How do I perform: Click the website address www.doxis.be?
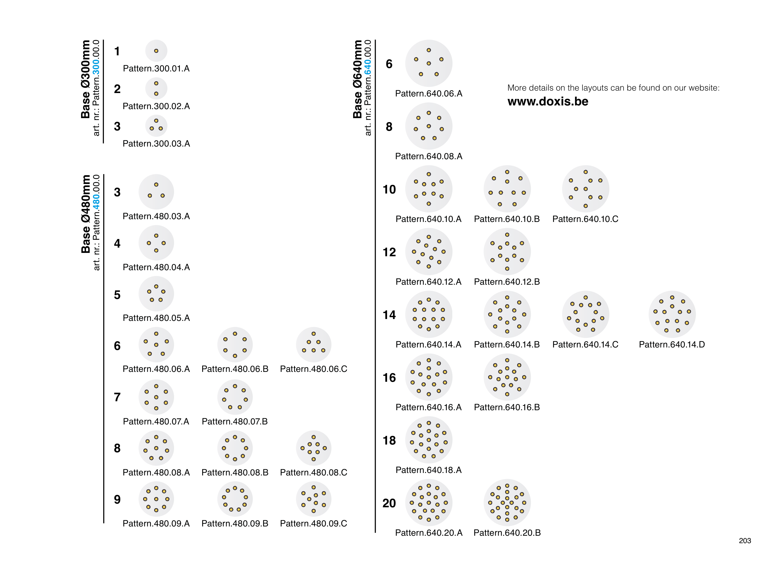pos(548,102)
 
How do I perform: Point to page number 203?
pos(744,541)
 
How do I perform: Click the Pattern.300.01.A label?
pos(156,68)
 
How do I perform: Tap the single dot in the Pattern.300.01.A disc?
pos(156,51)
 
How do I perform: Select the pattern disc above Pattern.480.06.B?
pos(235,344)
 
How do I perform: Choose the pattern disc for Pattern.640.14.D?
pos(672,314)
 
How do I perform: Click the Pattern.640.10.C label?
pos(585,219)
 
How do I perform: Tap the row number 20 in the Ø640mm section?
pos(389,503)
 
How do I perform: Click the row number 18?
pos(389,441)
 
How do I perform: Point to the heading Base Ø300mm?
pos(86,79)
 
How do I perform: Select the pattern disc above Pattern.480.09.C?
pos(313,499)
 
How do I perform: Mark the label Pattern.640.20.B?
pos(507,533)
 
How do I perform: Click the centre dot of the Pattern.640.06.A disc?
pos(429,63)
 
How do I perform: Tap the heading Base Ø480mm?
pos(86,214)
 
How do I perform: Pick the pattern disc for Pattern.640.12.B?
pos(507,252)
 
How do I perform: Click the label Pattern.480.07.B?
pos(235,422)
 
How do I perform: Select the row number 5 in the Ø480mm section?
pos(117,295)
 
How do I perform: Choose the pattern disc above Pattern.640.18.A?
pos(429,440)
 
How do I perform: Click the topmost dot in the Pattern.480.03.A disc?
pos(156,185)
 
